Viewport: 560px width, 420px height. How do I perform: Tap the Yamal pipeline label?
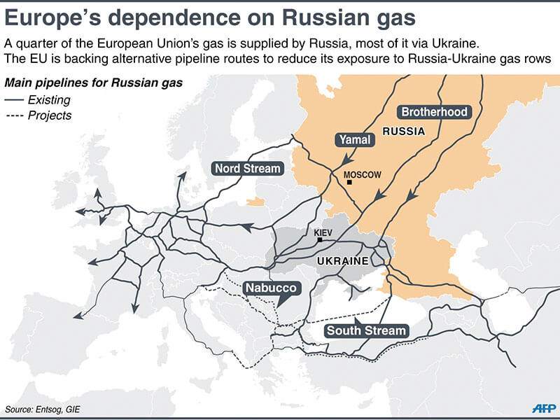click(355, 140)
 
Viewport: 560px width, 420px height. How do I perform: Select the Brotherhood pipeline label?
click(433, 111)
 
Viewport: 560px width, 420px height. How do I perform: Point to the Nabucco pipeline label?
click(271, 288)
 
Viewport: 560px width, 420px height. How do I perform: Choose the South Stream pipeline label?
click(366, 330)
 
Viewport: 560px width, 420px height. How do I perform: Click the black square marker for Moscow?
click(349, 183)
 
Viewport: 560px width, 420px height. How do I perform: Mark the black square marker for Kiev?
click(320, 240)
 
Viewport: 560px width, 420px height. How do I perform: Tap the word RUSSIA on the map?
click(404, 131)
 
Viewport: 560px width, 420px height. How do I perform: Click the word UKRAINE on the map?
click(342, 261)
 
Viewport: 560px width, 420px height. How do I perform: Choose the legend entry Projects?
click(49, 115)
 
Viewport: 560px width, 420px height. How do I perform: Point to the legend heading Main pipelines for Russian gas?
click(94, 83)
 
